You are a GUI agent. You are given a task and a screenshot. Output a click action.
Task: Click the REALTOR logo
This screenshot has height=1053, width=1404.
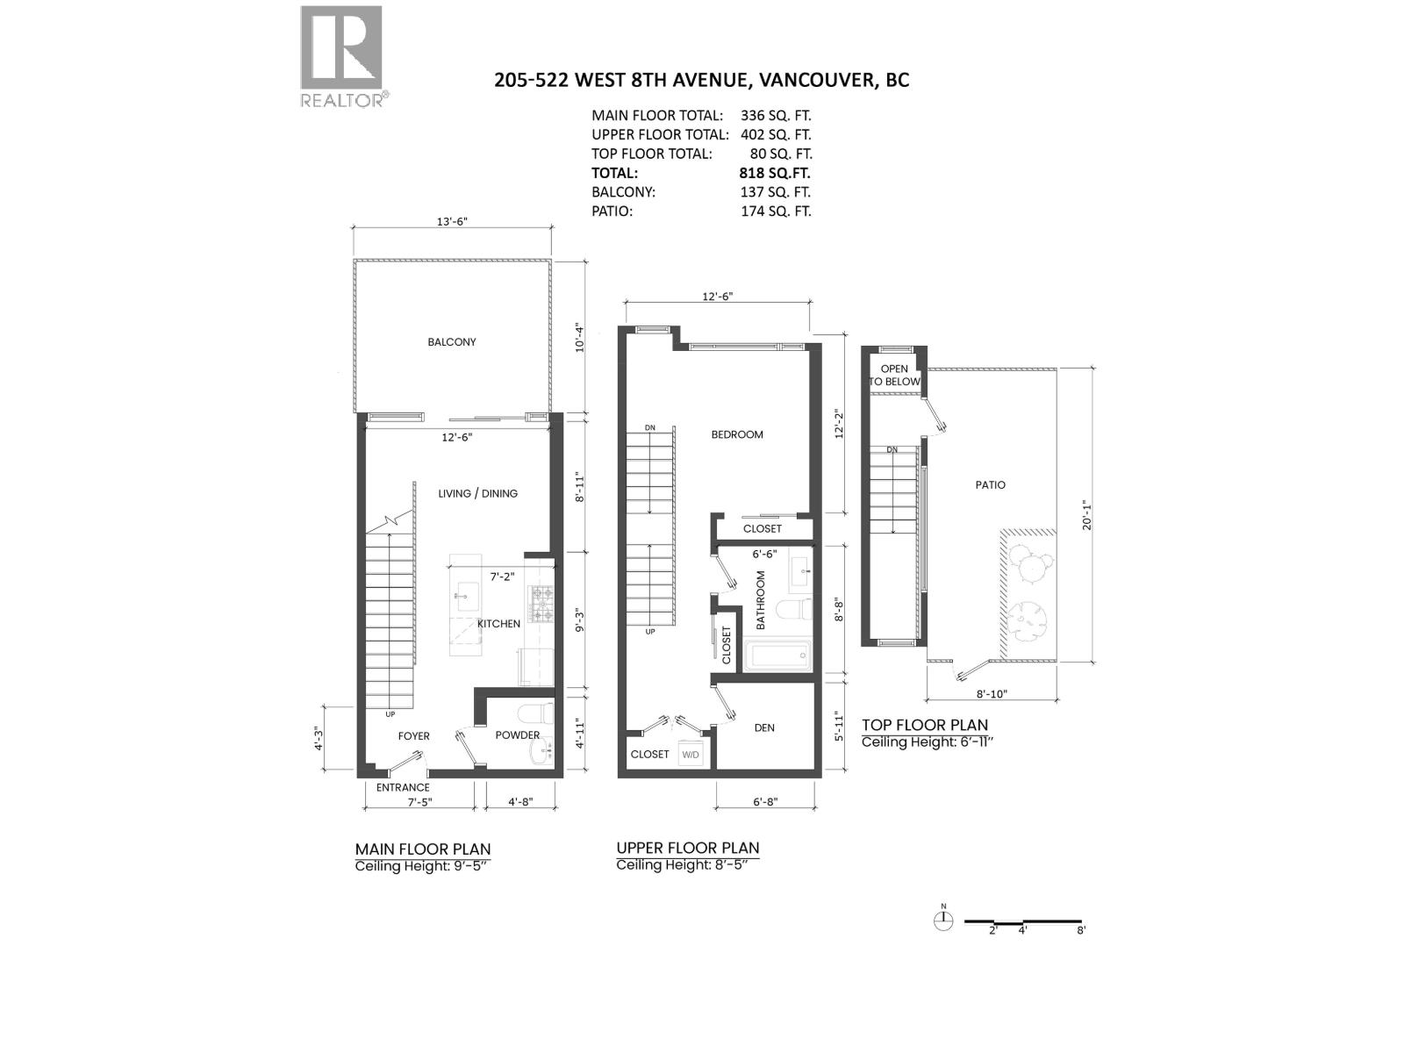(341, 55)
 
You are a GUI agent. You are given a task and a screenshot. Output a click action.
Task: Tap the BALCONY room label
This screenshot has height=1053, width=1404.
(452, 342)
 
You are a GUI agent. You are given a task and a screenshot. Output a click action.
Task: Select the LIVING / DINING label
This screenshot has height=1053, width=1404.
(478, 493)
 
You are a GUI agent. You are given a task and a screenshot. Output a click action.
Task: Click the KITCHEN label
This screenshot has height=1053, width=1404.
(498, 624)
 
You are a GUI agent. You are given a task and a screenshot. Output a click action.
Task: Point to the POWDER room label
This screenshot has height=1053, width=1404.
(518, 735)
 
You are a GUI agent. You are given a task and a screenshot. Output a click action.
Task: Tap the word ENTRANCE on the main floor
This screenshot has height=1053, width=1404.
(403, 787)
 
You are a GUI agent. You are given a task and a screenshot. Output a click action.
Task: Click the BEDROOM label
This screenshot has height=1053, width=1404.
(737, 434)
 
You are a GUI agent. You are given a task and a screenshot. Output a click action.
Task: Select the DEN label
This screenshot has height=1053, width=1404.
(764, 727)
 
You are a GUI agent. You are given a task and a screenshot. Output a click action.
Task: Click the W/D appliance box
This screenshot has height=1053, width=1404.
(691, 755)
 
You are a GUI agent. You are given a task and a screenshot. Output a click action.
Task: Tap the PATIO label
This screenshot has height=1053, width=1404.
(991, 485)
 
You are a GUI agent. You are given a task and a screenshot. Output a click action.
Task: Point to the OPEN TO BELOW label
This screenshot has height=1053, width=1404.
(895, 376)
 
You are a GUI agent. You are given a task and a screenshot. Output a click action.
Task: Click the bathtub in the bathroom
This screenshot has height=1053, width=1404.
(777, 655)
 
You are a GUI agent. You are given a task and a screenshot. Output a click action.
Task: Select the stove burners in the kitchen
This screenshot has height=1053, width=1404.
(539, 604)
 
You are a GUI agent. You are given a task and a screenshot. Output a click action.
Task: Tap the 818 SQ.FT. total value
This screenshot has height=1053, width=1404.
(775, 173)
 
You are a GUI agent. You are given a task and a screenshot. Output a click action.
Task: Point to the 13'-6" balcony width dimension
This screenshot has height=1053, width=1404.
(452, 222)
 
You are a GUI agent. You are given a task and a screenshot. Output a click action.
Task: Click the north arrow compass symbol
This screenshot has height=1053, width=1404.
(944, 920)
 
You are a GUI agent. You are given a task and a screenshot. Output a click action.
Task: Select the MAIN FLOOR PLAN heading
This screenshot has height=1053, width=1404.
(423, 849)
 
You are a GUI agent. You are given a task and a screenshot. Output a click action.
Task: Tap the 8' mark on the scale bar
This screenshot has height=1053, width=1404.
(1081, 930)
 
